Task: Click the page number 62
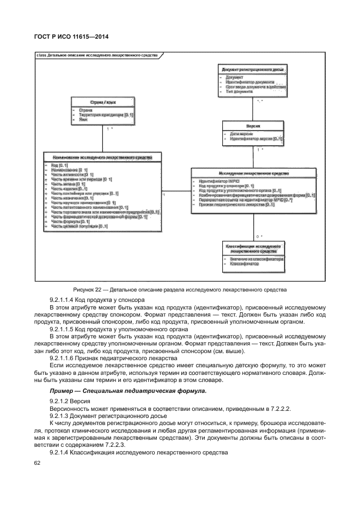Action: tap(38, 463)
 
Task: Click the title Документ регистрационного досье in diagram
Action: tap(254, 70)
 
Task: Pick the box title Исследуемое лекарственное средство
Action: tap(254, 173)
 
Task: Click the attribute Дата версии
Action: tap(241, 133)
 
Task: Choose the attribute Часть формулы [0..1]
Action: tap(70, 222)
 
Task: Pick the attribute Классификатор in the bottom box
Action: tap(244, 264)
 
